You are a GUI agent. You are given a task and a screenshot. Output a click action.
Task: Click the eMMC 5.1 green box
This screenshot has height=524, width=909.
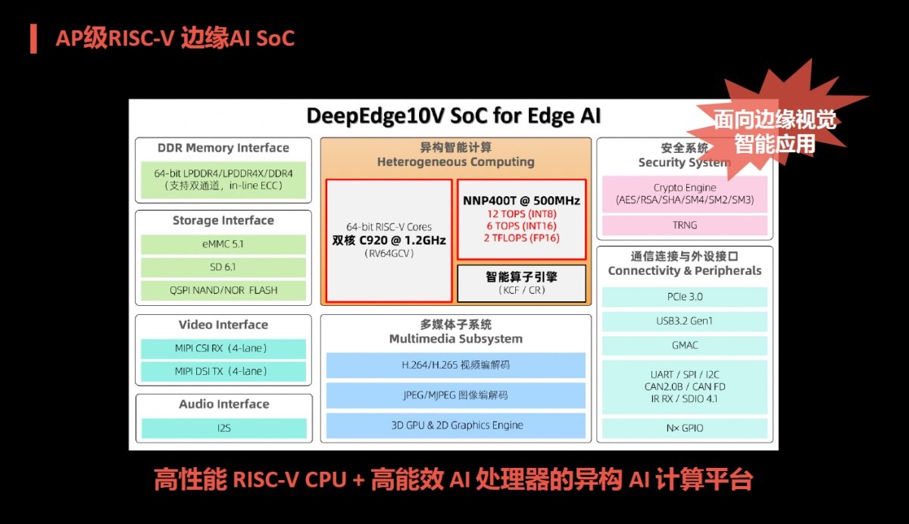(x=223, y=244)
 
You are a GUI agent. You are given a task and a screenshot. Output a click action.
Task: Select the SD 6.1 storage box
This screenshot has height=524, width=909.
(x=223, y=267)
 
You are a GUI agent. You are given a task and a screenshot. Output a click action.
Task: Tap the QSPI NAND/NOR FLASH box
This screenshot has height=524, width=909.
(x=223, y=290)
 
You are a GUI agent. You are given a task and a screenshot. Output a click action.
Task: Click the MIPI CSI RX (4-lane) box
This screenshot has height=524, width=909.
(x=223, y=348)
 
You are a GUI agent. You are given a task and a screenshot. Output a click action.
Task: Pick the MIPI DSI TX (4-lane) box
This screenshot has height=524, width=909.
(x=223, y=372)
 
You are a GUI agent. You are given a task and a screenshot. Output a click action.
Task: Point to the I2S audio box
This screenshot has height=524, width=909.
(x=224, y=429)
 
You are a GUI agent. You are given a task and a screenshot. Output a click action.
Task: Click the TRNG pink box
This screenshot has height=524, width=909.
(x=685, y=225)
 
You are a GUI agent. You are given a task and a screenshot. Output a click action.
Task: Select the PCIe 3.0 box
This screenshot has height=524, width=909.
(x=685, y=297)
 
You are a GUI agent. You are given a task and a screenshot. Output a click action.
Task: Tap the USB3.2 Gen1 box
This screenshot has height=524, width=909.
(x=685, y=321)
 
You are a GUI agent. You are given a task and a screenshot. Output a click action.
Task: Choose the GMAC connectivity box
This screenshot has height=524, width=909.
(x=685, y=345)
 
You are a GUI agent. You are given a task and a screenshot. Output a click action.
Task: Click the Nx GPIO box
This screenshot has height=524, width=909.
(x=685, y=429)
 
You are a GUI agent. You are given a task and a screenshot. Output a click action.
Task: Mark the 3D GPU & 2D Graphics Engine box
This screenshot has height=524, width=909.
(x=456, y=426)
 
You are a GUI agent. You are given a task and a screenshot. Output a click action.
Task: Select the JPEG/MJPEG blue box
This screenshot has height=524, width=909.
(x=456, y=395)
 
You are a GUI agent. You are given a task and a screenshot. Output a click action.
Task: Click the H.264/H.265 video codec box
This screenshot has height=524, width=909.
(x=456, y=366)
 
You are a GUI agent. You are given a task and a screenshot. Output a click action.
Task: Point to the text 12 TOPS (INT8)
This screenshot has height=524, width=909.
(x=521, y=214)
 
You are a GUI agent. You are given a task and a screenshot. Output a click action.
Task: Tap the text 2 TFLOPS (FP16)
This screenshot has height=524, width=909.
(x=521, y=238)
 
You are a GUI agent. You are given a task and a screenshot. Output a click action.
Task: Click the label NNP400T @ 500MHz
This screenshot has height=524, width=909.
(x=521, y=201)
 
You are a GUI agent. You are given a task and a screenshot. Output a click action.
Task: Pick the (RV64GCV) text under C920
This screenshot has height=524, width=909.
(x=389, y=254)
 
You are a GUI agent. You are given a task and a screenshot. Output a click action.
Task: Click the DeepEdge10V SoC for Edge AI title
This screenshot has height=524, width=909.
(x=453, y=116)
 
